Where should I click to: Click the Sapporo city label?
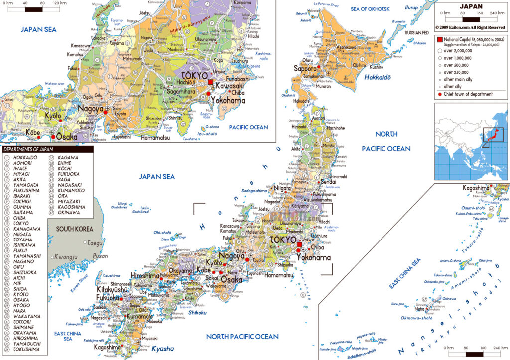pos(305,68)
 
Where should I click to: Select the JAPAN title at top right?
pos(471,7)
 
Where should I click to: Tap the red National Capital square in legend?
pos(440,39)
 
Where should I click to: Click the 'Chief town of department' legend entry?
pos(466,94)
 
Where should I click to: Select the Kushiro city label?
pos(390,66)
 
